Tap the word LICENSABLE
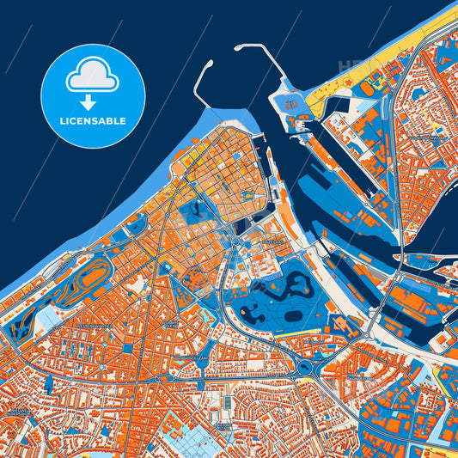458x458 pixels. coord(92,121)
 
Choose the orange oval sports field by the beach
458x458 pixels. coord(375,86)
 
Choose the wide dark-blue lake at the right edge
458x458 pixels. coord(434,215)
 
